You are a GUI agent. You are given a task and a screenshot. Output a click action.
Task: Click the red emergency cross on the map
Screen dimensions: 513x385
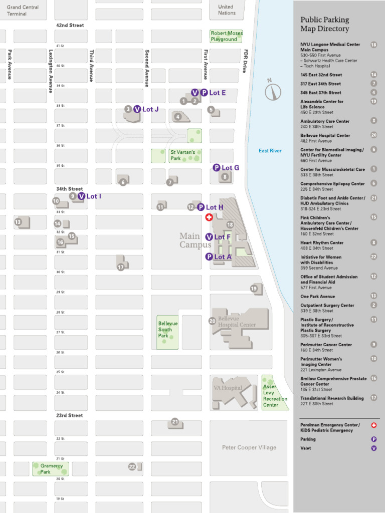point(209,217)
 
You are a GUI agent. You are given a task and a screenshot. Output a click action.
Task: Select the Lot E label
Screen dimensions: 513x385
point(217,93)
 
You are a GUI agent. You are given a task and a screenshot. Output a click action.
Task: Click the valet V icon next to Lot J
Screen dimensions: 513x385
point(137,109)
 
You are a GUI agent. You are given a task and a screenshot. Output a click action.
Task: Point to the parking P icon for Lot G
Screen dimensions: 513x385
point(217,168)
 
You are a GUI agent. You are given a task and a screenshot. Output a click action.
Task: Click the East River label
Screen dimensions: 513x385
point(270,151)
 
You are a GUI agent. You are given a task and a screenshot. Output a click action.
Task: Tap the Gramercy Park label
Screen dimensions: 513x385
point(52,469)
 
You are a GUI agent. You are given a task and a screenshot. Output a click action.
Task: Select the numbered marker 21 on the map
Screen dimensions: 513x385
point(174,422)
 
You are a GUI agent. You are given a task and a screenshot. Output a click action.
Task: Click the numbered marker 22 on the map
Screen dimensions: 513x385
point(132,466)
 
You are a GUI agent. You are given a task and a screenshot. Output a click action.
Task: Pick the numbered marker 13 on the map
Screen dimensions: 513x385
point(18,221)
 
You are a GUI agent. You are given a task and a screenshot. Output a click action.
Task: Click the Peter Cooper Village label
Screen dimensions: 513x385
point(249,447)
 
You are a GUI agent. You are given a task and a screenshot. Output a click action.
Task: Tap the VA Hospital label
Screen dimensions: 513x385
point(229,388)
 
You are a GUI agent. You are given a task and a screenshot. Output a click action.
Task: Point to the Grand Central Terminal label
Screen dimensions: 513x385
point(23,11)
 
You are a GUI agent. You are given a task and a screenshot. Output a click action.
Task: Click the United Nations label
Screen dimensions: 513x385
point(226,10)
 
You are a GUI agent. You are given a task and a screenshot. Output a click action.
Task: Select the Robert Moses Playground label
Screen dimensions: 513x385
point(226,36)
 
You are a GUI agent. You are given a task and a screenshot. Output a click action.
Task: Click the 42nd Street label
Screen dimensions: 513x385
point(70,25)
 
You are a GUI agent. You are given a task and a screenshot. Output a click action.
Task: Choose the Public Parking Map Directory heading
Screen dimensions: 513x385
point(325,24)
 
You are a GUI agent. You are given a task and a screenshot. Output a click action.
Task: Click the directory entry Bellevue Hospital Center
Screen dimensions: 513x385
point(325,135)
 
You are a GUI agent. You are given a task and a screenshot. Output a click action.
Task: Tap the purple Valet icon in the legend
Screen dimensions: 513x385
point(373,448)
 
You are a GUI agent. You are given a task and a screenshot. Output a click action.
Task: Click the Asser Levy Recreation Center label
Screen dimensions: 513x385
point(275,396)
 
